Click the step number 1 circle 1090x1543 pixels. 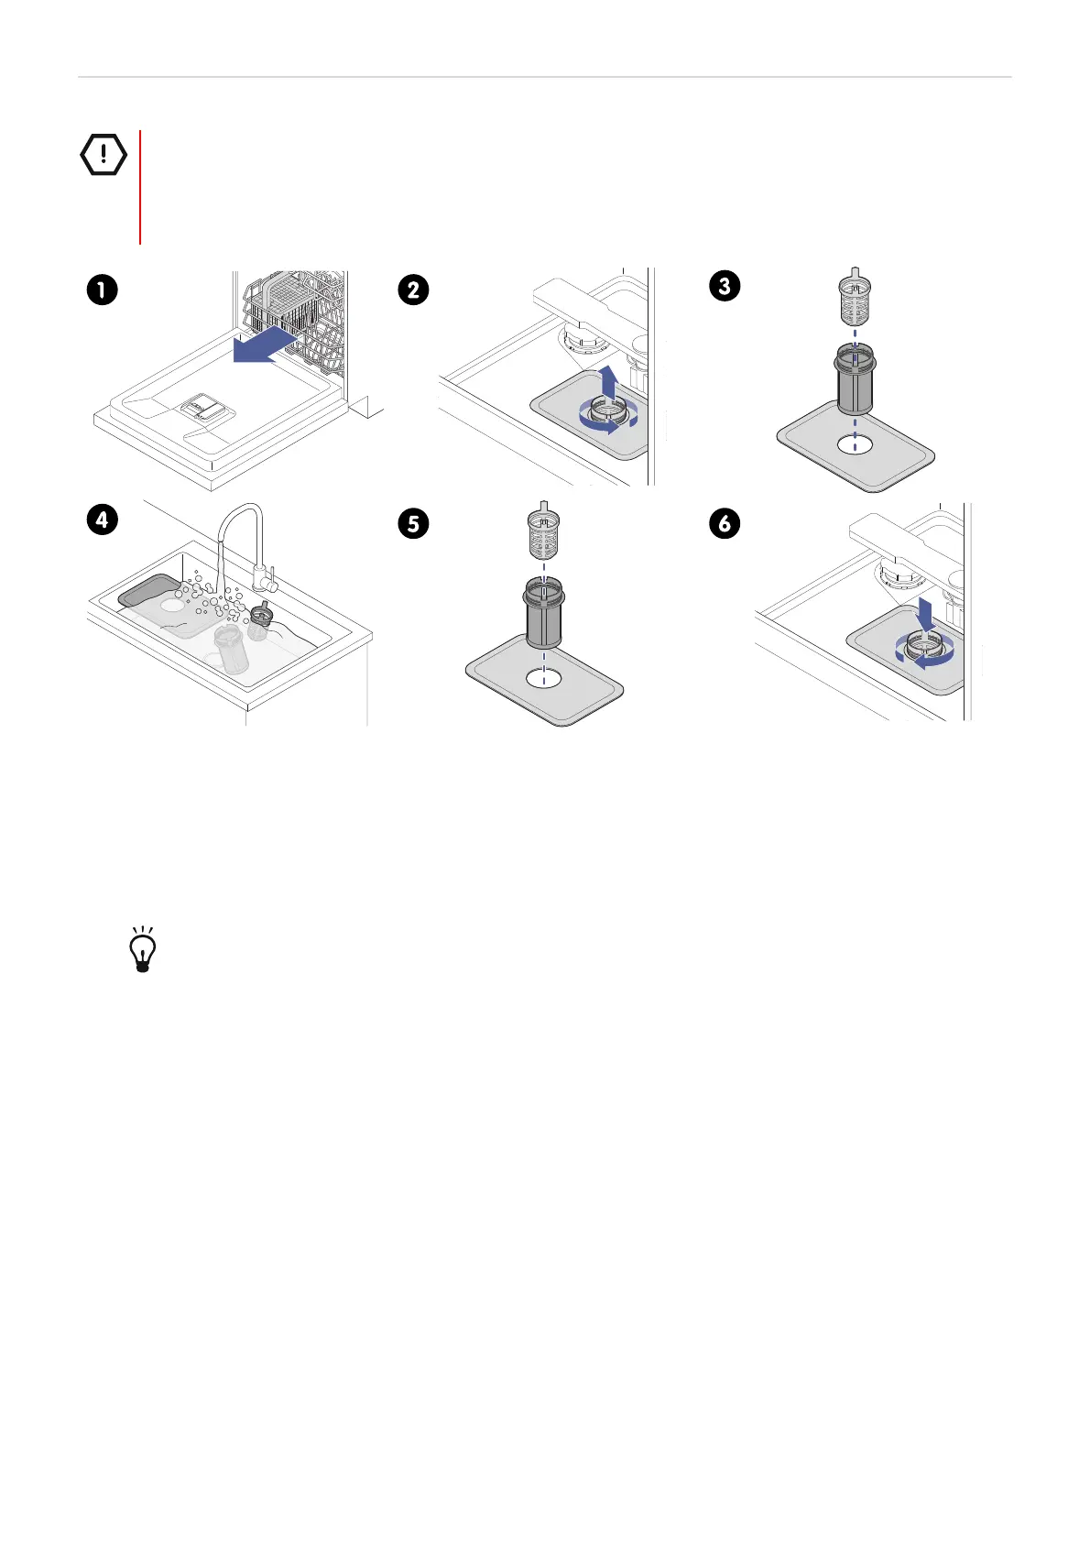point(102,290)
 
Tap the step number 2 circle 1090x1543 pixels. point(413,290)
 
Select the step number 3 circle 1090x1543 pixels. point(725,286)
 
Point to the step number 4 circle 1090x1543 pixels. point(102,520)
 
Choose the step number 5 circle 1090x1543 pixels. point(413,523)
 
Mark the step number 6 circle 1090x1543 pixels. point(725,523)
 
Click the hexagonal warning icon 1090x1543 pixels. point(104,154)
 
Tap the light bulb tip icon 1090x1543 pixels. point(143,949)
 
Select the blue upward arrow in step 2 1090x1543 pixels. point(608,382)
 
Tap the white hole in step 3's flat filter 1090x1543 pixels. point(855,445)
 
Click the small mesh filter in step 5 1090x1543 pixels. point(543,531)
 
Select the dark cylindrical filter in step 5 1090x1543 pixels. point(544,613)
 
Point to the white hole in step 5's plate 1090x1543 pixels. point(543,679)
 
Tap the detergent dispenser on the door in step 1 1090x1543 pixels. point(202,407)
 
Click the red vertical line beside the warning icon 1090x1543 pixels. point(140,187)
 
